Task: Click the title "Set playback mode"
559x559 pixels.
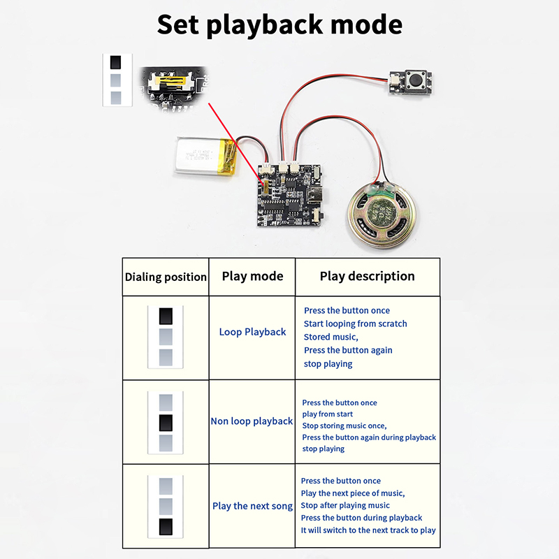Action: (279, 24)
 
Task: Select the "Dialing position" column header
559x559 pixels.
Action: (166, 277)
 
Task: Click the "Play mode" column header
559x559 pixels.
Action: (252, 276)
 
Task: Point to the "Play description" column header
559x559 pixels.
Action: (367, 276)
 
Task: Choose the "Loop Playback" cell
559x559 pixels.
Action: (252, 332)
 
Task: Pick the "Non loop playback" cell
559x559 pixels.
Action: (252, 421)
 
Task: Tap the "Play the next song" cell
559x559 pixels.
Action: (252, 506)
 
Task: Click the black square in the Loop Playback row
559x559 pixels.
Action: (166, 316)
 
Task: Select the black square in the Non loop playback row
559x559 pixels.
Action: (166, 422)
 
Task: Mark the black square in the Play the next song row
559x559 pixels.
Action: (166, 527)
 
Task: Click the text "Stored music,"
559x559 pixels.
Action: (331, 337)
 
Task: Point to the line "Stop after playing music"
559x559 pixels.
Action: (345, 505)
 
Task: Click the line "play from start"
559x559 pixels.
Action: (327, 414)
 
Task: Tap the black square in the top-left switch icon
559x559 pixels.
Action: (117, 61)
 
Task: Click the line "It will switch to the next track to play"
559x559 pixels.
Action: (368, 530)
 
